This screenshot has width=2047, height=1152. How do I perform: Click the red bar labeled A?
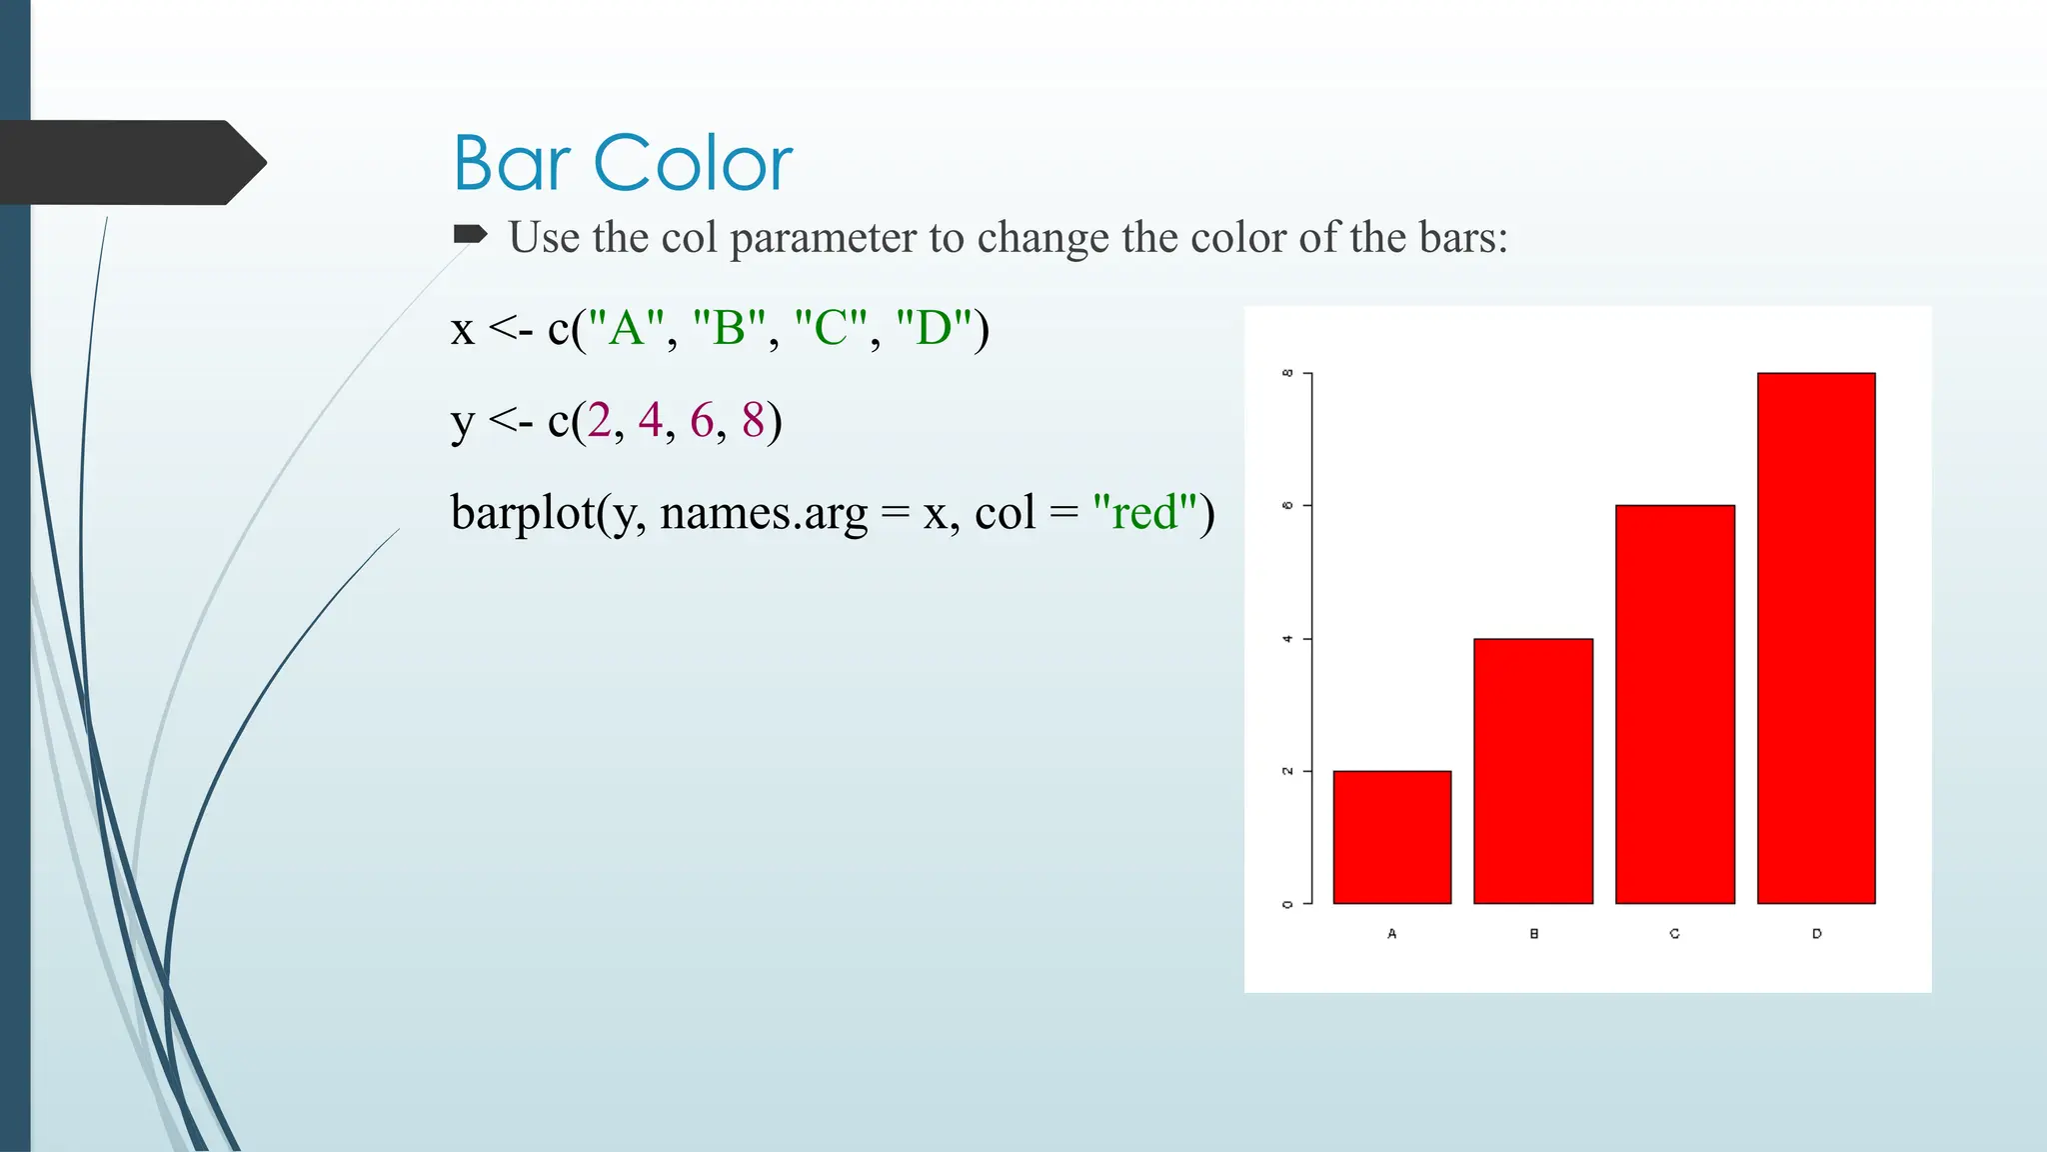[x=1391, y=837]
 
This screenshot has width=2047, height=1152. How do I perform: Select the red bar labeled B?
[x=1533, y=771]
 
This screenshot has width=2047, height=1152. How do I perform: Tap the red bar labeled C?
[x=1675, y=704]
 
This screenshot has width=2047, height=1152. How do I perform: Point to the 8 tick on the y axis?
[x=1288, y=373]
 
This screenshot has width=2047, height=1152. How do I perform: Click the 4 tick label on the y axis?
[x=1288, y=638]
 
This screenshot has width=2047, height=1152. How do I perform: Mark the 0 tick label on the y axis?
[x=1288, y=904]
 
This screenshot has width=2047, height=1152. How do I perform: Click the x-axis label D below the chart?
[x=1816, y=933]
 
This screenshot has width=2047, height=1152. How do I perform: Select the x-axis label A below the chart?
[x=1391, y=933]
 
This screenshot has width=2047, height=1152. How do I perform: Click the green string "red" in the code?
[x=1144, y=513]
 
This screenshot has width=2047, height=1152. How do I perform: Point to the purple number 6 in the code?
[x=702, y=420]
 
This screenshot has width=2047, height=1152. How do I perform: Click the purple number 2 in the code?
[x=599, y=420]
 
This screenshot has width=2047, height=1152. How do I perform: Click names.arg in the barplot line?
[x=764, y=513]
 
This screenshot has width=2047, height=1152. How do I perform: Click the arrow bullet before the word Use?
[x=470, y=235]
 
